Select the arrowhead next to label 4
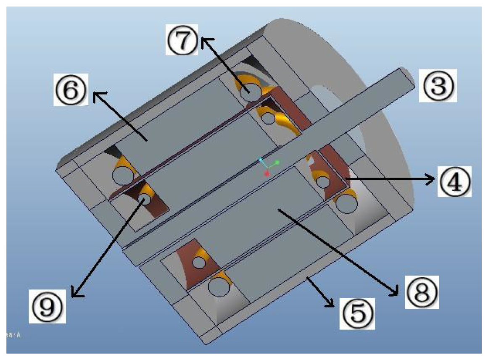click(x=432, y=179)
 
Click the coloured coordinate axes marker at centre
click(x=267, y=167)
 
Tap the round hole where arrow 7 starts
click(x=251, y=90)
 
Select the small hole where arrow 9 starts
click(x=145, y=198)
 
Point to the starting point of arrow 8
click(x=277, y=211)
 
